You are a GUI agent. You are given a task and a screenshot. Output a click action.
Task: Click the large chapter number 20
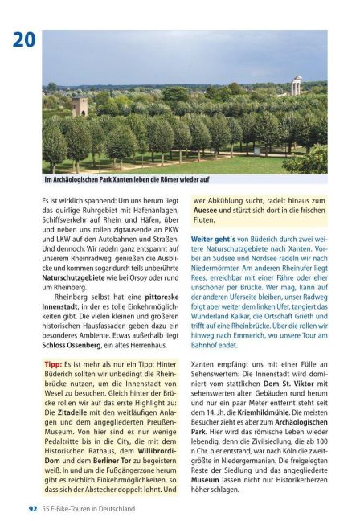point(23,39)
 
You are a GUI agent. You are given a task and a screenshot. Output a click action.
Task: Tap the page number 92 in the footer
point(33,509)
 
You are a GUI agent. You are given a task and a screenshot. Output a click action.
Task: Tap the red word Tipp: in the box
point(53,364)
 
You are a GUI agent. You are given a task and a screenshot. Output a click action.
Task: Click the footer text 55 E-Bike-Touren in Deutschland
point(88,509)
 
